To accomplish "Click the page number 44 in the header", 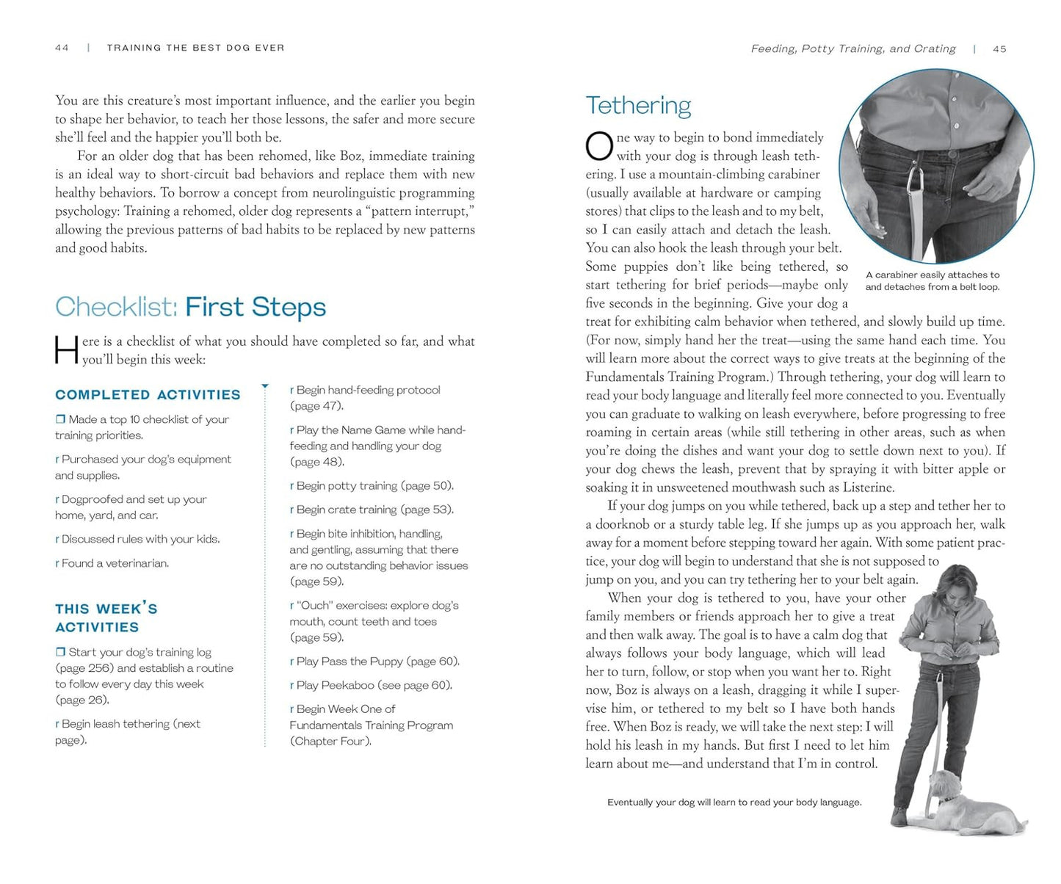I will (x=62, y=48).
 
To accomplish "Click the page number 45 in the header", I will (x=999, y=49).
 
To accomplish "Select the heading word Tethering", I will (x=638, y=106).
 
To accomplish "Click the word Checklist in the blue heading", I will (x=116, y=307).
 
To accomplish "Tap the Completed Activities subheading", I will (x=148, y=395).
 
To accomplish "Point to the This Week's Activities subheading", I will (x=106, y=617).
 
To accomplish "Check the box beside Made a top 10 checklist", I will (x=60, y=419).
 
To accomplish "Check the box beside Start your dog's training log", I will (x=60, y=652).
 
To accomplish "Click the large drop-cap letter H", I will (x=66, y=350).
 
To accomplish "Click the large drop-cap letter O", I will (x=599, y=146).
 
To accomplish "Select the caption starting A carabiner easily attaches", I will (x=932, y=280).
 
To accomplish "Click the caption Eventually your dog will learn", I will (x=734, y=803).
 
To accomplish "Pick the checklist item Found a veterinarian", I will (x=115, y=563).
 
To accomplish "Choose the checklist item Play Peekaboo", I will (x=374, y=685).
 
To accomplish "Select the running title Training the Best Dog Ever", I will (x=195, y=48).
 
